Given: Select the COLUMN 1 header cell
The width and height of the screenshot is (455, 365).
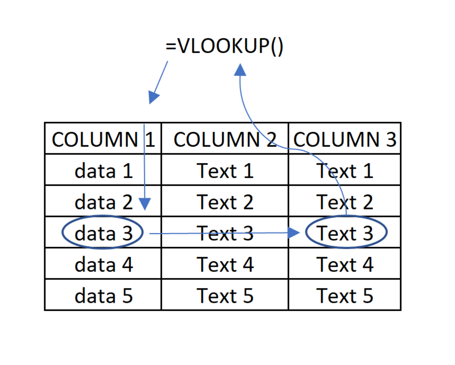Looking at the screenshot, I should click(x=103, y=139).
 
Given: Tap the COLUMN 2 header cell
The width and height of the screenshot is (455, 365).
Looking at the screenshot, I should click(x=225, y=139).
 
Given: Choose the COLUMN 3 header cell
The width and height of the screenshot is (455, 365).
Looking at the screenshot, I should click(x=344, y=139).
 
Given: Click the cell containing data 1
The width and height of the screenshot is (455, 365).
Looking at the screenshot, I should click(x=103, y=171).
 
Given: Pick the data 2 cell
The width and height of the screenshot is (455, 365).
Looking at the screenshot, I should click(x=103, y=202).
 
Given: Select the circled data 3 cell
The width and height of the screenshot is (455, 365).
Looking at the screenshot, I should click(x=102, y=233).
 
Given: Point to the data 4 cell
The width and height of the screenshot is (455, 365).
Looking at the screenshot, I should click(x=103, y=264).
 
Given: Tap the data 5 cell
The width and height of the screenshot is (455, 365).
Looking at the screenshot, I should click(x=103, y=295).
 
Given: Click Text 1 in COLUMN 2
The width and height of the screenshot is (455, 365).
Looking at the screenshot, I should click(x=225, y=171).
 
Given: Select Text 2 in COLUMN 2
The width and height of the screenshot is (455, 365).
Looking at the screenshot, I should click(x=225, y=202).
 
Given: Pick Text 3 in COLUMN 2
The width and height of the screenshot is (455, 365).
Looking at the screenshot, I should click(x=225, y=233).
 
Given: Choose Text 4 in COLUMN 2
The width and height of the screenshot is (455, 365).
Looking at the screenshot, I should click(x=225, y=264).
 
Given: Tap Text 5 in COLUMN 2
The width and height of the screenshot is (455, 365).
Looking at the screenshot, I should click(x=225, y=295).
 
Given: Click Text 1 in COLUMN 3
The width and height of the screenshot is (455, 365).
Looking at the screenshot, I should click(x=344, y=171).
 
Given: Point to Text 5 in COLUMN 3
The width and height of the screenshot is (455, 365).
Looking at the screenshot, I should click(x=344, y=295).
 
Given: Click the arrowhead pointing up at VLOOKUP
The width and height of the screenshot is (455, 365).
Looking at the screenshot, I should click(x=240, y=70).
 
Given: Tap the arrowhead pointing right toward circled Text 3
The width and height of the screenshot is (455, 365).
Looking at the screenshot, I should click(x=293, y=233).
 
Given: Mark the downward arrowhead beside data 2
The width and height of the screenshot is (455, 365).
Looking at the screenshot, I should click(x=144, y=204).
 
